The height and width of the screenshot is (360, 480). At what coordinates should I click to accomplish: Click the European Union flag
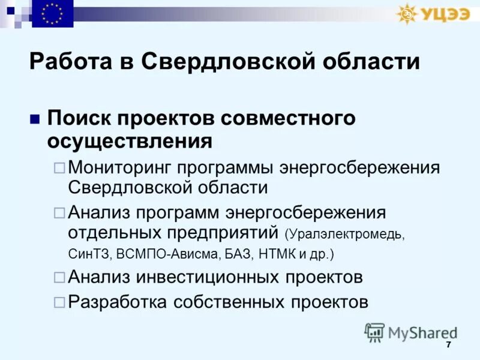[53, 14]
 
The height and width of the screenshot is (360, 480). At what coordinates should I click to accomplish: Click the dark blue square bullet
[34, 118]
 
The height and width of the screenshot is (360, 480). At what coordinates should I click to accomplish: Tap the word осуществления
[130, 142]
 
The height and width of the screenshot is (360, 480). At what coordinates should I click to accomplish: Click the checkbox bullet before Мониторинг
[59, 168]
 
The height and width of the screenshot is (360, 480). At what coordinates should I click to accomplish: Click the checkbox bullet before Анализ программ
[59, 212]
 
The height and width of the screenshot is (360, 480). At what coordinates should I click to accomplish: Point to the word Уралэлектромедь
[347, 233]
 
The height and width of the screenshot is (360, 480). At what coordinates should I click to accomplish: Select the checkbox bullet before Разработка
[59, 302]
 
